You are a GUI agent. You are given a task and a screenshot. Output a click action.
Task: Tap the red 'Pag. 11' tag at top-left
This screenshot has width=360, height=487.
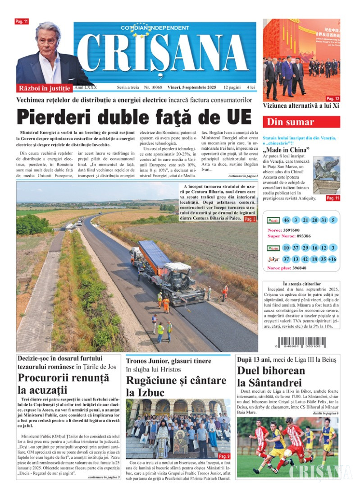(x=22, y=22)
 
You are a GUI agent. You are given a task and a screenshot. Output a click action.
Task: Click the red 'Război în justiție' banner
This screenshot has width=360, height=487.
(x=44, y=88)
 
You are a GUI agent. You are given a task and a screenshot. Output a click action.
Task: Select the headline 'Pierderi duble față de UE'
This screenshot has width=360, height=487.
(x=133, y=117)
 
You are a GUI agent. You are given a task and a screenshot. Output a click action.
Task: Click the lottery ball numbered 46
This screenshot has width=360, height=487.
(x=287, y=220)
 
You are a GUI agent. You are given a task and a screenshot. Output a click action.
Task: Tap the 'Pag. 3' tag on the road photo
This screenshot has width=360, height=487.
(x=250, y=219)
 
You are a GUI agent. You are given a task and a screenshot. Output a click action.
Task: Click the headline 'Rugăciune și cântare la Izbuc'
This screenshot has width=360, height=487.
(x=176, y=386)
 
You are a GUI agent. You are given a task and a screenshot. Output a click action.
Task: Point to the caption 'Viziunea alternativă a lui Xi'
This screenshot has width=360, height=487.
(x=301, y=106)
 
